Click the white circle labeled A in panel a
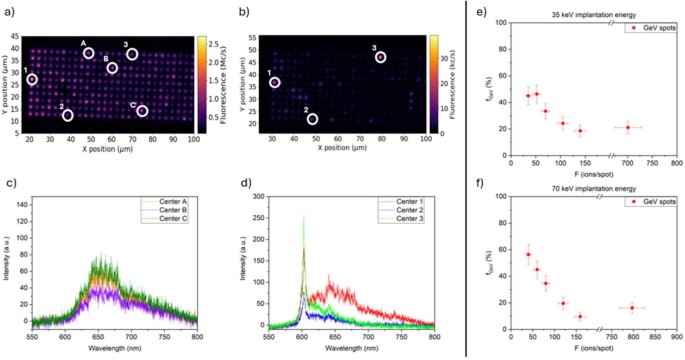(89, 53)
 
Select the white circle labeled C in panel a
(142, 110)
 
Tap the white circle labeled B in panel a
(112, 68)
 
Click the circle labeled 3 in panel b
(381, 57)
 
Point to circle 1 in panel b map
(275, 83)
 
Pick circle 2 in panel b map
(312, 119)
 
